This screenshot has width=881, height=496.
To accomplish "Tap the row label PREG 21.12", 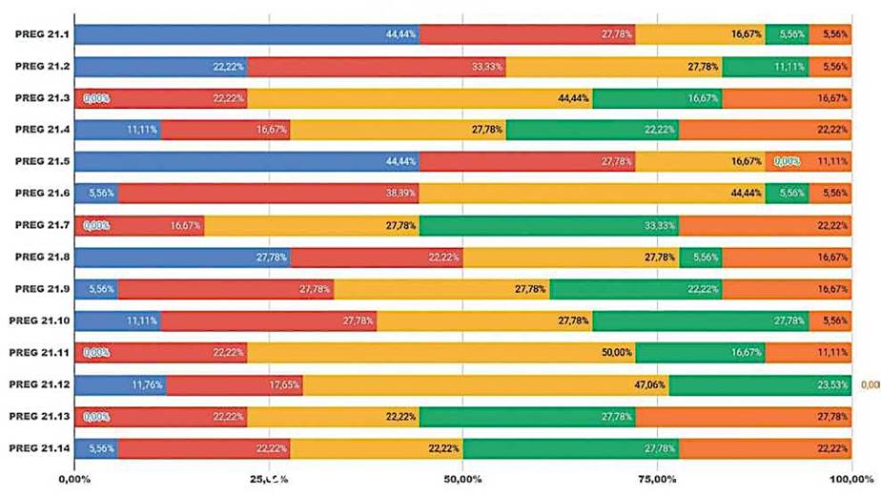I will [35, 384].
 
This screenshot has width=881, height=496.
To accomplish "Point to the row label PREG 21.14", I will [35, 447].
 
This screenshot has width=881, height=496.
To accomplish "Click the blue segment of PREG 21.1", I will [247, 34].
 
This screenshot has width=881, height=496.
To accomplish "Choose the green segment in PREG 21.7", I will [549, 225].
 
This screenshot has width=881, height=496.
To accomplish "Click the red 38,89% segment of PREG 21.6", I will [269, 193].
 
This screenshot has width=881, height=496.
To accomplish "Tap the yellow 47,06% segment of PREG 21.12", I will [485, 384].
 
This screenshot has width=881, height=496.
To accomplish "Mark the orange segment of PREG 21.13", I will [744, 416].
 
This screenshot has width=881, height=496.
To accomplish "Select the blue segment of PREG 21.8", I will [182, 257].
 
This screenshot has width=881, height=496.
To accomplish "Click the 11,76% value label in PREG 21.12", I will [148, 384].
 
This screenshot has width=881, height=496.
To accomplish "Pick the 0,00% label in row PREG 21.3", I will [96, 98].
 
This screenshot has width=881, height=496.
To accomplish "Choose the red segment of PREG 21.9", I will [226, 289].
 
